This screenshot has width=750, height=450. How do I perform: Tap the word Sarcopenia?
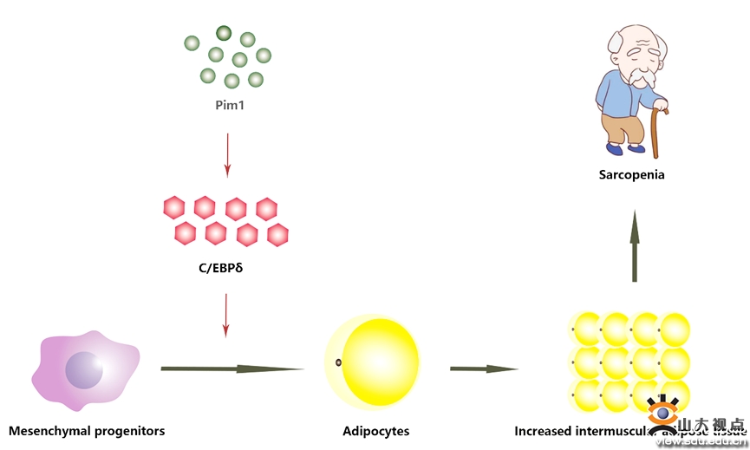pos(631,174)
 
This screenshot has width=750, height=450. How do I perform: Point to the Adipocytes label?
pos(375,431)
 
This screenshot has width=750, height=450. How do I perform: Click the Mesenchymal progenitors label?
pos(86,431)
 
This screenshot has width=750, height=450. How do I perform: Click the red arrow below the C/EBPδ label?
pos(226,314)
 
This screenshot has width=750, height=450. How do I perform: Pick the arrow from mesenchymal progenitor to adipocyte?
pos(232,368)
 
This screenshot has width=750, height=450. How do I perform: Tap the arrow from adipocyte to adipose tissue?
pos(483,368)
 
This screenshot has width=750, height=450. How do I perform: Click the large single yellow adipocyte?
pos(375,362)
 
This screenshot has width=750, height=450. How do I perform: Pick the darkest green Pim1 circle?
pos(224,34)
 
